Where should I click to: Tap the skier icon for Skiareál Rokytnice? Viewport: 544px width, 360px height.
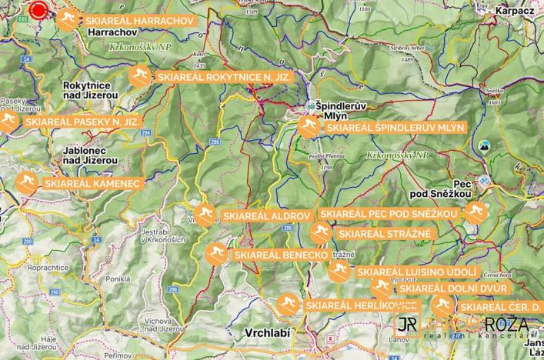tap(139, 75)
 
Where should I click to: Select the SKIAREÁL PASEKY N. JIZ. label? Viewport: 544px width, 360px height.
tap(82, 122)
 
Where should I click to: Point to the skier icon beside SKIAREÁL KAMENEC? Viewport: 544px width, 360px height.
tap(25, 183)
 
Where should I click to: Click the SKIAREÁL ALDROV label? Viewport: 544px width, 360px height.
tap(265, 215)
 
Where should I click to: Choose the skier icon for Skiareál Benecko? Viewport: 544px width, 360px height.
tap(216, 254)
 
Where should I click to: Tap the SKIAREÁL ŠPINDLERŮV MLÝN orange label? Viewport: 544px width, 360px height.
tap(395, 127)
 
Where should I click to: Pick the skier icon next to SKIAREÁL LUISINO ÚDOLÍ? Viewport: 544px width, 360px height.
tap(338, 271)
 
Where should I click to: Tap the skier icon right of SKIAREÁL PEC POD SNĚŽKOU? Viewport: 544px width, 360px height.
tap(476, 212)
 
